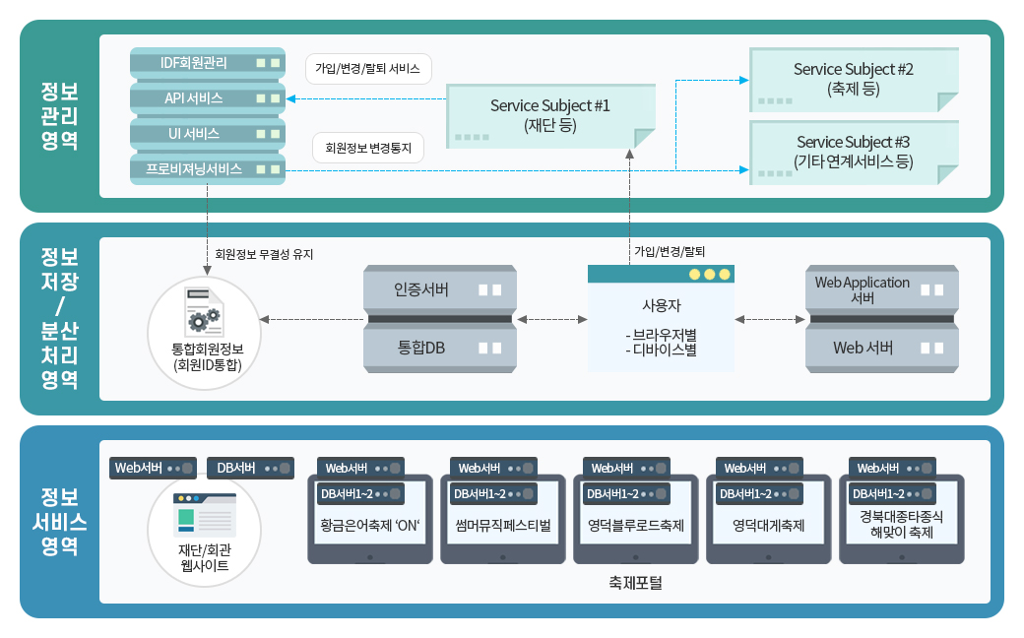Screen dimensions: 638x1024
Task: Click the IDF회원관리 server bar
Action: click(208, 63)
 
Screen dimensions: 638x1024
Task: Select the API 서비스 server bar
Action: click(208, 98)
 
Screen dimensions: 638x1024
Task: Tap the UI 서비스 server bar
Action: click(208, 134)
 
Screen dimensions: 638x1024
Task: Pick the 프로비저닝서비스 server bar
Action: click(208, 169)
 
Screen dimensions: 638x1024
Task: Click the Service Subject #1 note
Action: click(550, 115)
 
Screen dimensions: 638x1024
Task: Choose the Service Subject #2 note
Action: click(853, 79)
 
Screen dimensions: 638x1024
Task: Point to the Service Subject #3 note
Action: click(853, 152)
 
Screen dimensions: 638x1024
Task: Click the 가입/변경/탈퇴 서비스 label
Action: click(368, 70)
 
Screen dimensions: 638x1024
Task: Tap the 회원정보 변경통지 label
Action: click(368, 149)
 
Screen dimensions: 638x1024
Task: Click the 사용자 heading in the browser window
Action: click(661, 305)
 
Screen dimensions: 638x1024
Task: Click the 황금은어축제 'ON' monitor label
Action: click(370, 525)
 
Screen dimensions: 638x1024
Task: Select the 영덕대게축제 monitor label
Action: click(769, 525)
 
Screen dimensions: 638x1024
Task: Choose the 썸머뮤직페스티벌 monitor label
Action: click(503, 525)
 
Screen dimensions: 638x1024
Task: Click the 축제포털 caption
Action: click(635, 583)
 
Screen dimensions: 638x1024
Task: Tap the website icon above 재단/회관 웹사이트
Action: click(204, 516)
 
